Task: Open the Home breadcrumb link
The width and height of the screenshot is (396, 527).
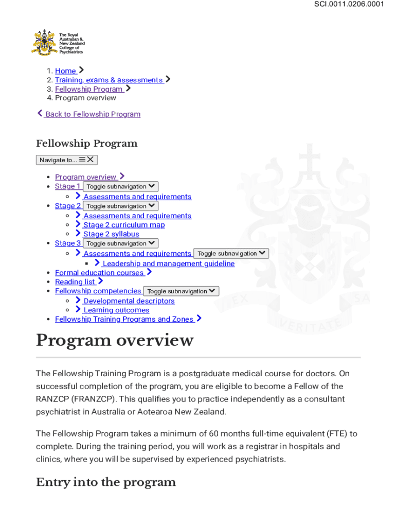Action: tap(65, 71)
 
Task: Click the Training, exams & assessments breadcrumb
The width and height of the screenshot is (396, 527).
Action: tap(109, 80)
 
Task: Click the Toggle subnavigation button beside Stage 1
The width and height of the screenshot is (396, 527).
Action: tap(120, 187)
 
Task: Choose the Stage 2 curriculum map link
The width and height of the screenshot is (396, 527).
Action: tap(124, 225)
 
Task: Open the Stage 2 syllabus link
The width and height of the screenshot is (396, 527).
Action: tap(111, 234)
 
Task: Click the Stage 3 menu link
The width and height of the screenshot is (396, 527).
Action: tap(67, 243)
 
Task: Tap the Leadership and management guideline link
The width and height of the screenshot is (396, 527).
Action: tap(168, 263)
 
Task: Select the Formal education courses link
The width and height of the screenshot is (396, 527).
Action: tap(99, 273)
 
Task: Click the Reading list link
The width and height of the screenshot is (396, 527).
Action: tap(75, 282)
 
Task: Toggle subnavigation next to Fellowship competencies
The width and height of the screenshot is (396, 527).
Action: tap(181, 291)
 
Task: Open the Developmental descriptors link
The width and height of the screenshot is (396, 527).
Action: tap(129, 301)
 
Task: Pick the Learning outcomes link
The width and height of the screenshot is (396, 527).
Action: tap(116, 310)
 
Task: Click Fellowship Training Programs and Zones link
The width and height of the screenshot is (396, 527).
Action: tap(124, 319)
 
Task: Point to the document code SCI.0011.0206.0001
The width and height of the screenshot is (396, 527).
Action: tap(349, 5)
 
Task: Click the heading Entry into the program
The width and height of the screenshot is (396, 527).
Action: tap(106, 482)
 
